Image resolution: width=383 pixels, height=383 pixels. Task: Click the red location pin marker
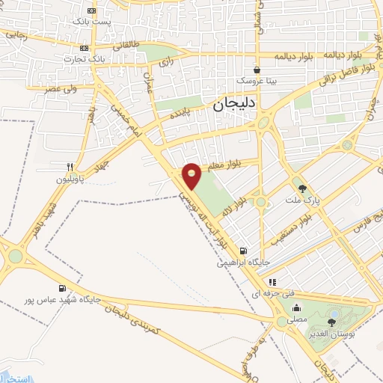192,175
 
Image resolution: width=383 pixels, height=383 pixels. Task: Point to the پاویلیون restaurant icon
70,168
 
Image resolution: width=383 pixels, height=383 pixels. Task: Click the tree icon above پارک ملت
302,189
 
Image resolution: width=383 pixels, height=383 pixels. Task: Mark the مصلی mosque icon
297,307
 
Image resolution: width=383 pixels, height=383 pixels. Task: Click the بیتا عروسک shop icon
257,68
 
